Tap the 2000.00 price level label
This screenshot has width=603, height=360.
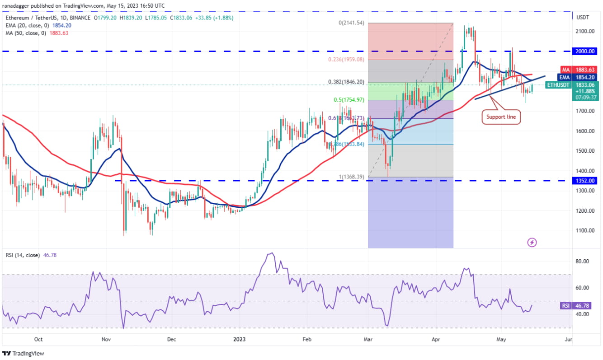(585, 51)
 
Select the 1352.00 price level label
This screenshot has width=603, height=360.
(585, 181)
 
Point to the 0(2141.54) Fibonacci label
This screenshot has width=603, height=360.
(352, 23)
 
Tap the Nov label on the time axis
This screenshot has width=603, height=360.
(106, 338)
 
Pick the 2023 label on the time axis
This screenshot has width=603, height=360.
(239, 338)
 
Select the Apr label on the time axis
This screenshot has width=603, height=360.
(436, 338)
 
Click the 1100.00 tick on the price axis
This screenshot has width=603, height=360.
(584, 230)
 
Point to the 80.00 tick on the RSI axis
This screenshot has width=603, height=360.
(582, 262)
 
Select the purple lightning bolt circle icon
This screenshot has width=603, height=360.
(532, 243)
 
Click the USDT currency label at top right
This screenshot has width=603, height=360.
(583, 17)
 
